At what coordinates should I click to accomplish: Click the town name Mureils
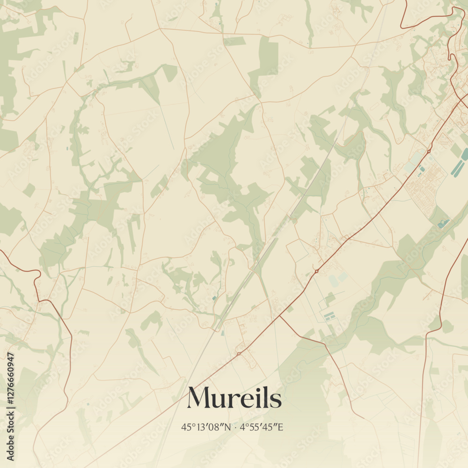(234, 398)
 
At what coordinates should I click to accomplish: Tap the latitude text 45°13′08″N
(206, 427)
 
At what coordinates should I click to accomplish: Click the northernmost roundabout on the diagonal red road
(428, 151)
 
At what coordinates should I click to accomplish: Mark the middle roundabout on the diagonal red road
(317, 271)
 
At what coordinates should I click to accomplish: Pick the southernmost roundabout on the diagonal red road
(239, 353)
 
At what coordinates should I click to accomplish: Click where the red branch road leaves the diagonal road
(280, 316)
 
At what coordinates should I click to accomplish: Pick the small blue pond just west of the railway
(214, 298)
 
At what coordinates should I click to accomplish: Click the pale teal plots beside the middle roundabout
(337, 280)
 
